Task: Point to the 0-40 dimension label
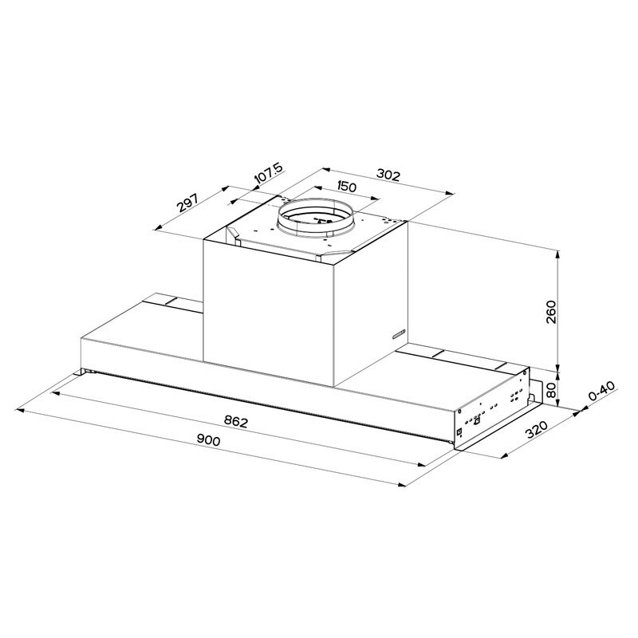click(x=601, y=396)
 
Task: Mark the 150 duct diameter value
click(x=345, y=188)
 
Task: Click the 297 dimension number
click(x=187, y=203)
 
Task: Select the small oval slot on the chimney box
click(x=399, y=333)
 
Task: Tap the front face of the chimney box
click(x=271, y=307)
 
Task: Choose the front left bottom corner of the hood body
click(x=81, y=371)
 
